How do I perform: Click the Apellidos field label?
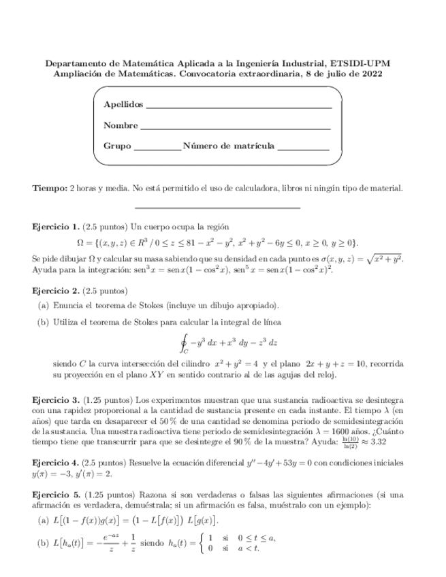(x=123, y=105)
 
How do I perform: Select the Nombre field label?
(x=120, y=125)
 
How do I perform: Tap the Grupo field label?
(x=117, y=146)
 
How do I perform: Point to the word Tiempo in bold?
(x=50, y=188)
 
